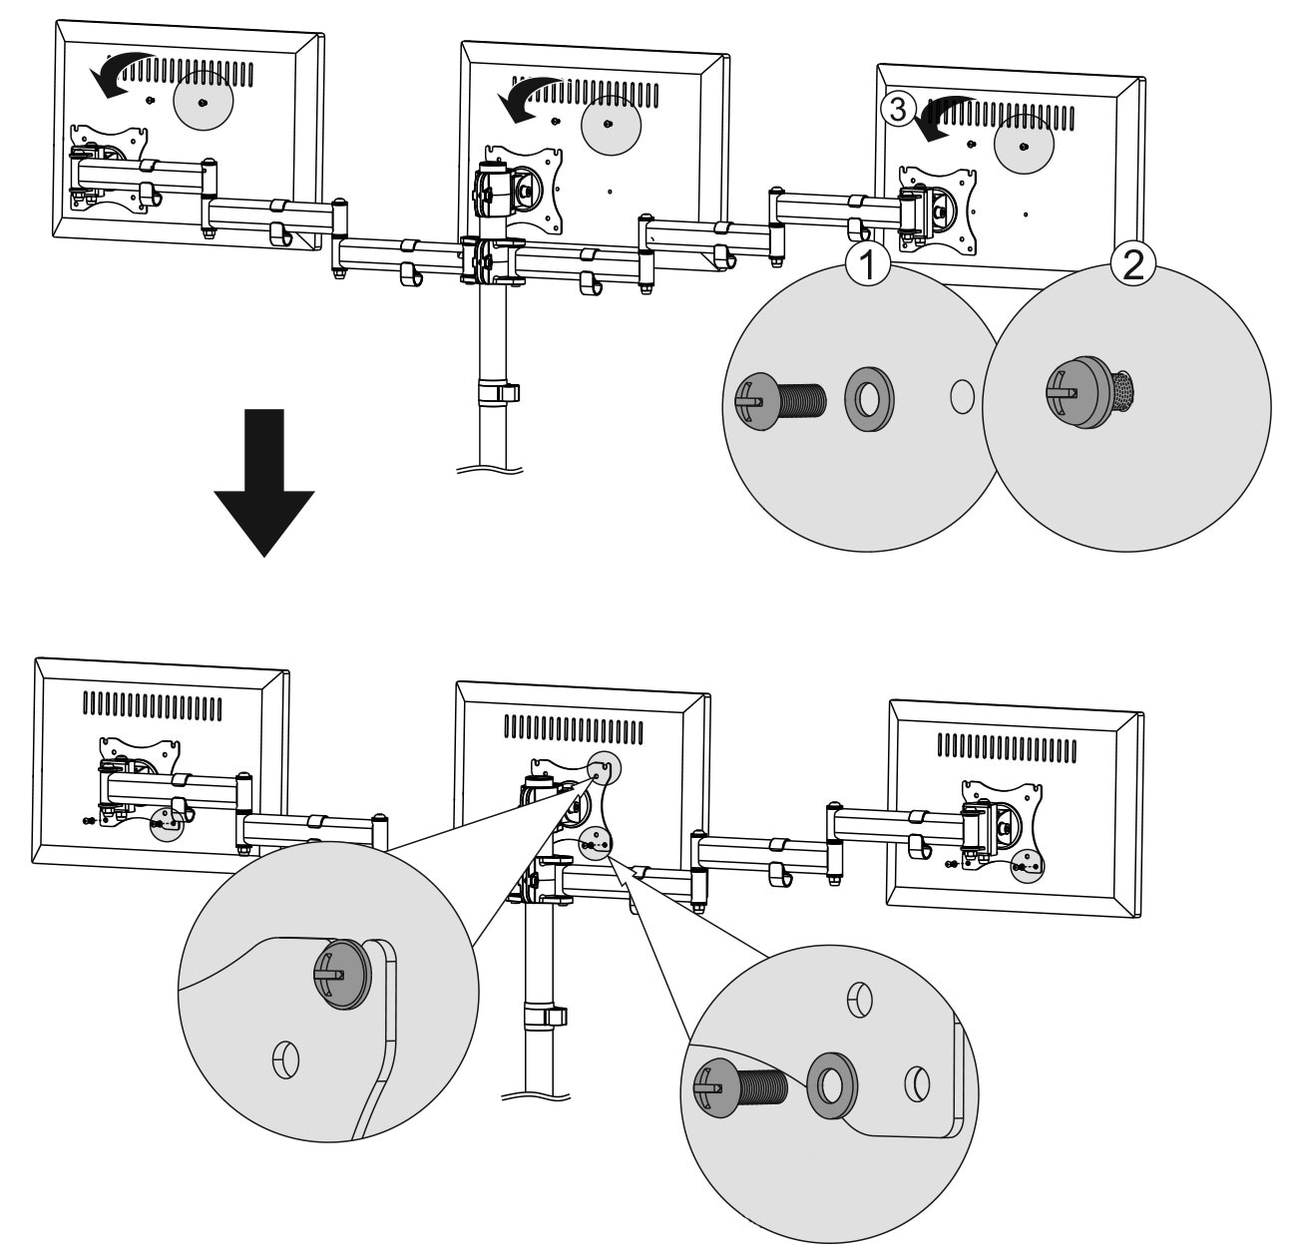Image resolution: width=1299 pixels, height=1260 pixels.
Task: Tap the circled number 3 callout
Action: coord(898,110)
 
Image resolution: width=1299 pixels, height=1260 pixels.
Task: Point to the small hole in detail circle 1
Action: coord(962,396)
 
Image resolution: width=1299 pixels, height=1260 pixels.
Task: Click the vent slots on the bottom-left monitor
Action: coord(152,705)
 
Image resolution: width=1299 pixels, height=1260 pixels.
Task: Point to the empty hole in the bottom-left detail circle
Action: coord(284,1058)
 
